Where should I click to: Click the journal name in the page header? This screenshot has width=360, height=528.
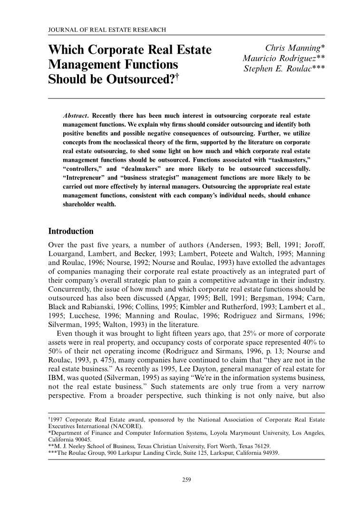(107, 30)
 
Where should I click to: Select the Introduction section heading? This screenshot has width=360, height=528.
(71, 232)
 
